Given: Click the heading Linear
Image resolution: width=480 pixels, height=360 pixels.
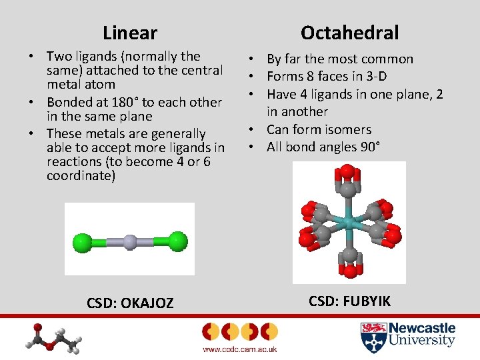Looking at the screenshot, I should [130, 33].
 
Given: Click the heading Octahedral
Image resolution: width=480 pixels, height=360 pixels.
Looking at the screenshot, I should [349, 32].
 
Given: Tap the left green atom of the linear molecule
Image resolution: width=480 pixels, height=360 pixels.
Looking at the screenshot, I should [83, 241].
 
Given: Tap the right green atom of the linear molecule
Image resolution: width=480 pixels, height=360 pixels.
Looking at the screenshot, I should [177, 241].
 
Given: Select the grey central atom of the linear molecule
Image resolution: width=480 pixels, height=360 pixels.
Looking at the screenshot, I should [130, 241].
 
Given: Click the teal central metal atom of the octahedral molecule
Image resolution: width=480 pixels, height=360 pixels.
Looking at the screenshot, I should [349, 221].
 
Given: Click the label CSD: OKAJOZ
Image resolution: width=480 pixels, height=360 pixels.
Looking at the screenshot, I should [130, 303].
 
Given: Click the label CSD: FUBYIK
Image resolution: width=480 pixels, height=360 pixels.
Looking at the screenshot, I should [349, 301].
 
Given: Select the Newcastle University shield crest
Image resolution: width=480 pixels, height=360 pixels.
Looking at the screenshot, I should [373, 337].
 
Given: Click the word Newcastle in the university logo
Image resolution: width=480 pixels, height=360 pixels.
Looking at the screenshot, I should [422, 328].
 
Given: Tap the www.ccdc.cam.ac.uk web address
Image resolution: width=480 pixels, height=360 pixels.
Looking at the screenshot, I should [239, 349].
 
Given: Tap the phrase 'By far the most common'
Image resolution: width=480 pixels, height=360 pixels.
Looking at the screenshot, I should [340, 59].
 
